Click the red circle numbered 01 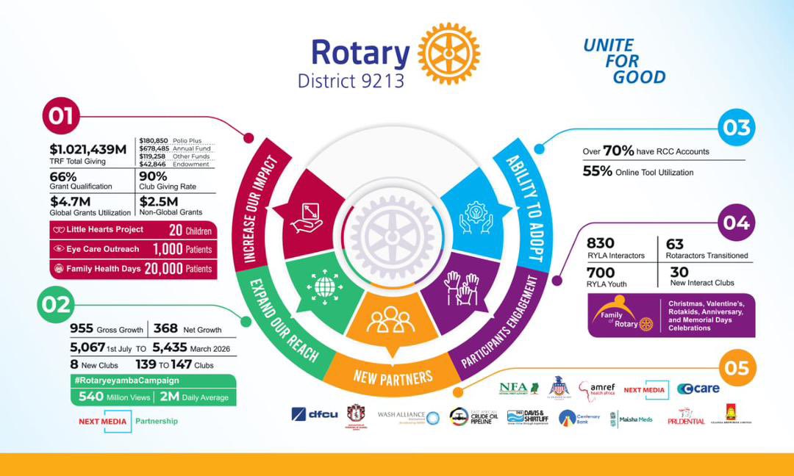(x=62, y=116)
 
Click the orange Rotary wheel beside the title (x=448, y=54)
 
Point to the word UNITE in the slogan (x=608, y=46)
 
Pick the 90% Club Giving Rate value (x=154, y=176)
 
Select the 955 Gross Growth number (x=82, y=328)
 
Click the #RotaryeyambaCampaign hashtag (x=127, y=381)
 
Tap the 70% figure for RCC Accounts (x=618, y=151)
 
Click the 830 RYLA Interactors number (x=601, y=243)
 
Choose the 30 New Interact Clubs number (x=679, y=271)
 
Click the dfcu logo (x=314, y=414)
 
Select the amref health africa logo (x=596, y=390)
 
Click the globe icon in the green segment (x=326, y=285)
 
